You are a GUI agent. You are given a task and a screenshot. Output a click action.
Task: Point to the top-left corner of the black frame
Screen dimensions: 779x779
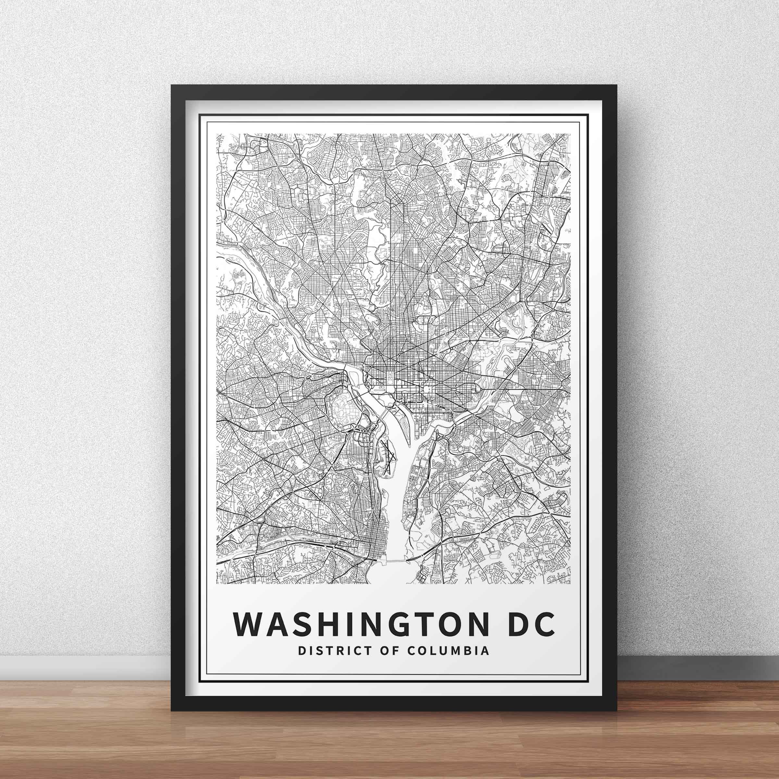173,86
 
